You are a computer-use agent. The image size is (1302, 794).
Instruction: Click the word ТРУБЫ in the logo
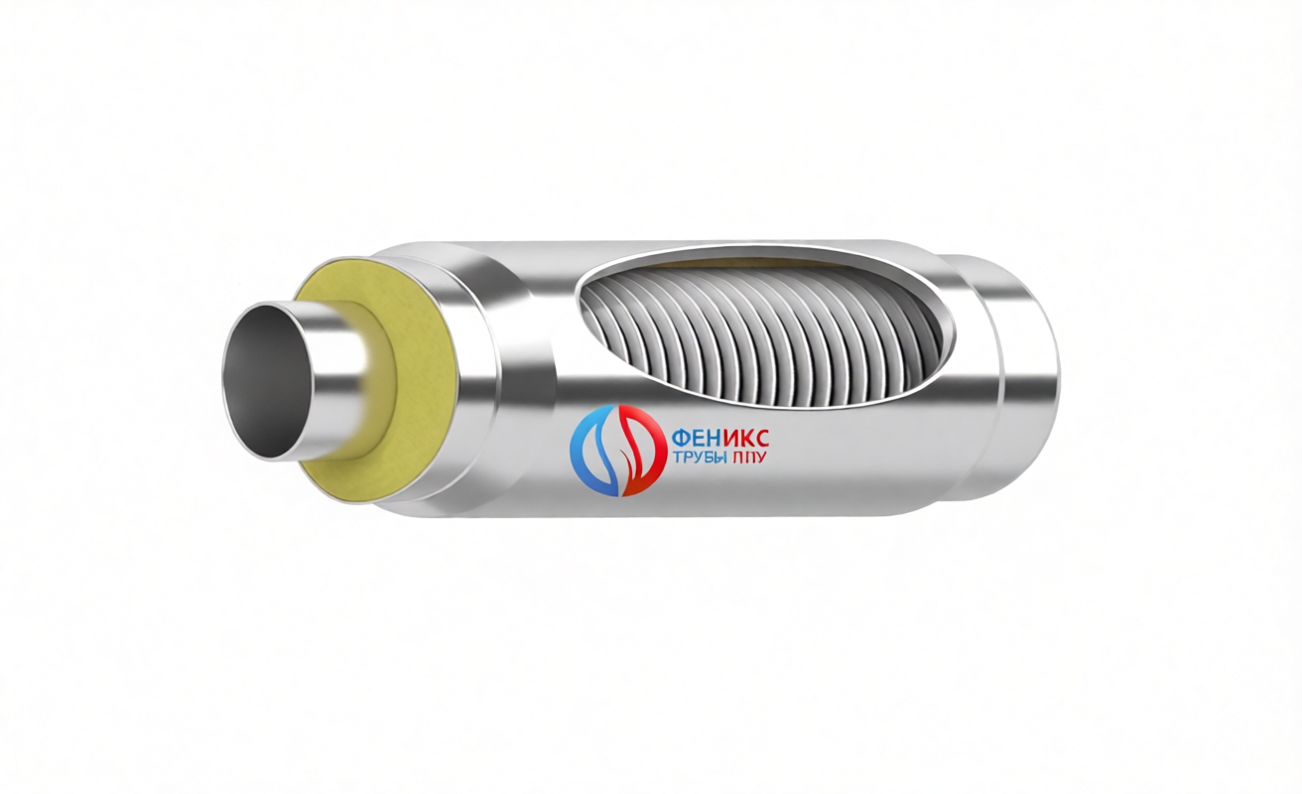(x=700, y=458)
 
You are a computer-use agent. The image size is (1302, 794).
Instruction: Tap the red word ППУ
(x=749, y=458)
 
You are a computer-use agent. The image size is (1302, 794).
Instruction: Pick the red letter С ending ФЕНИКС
(x=761, y=437)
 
